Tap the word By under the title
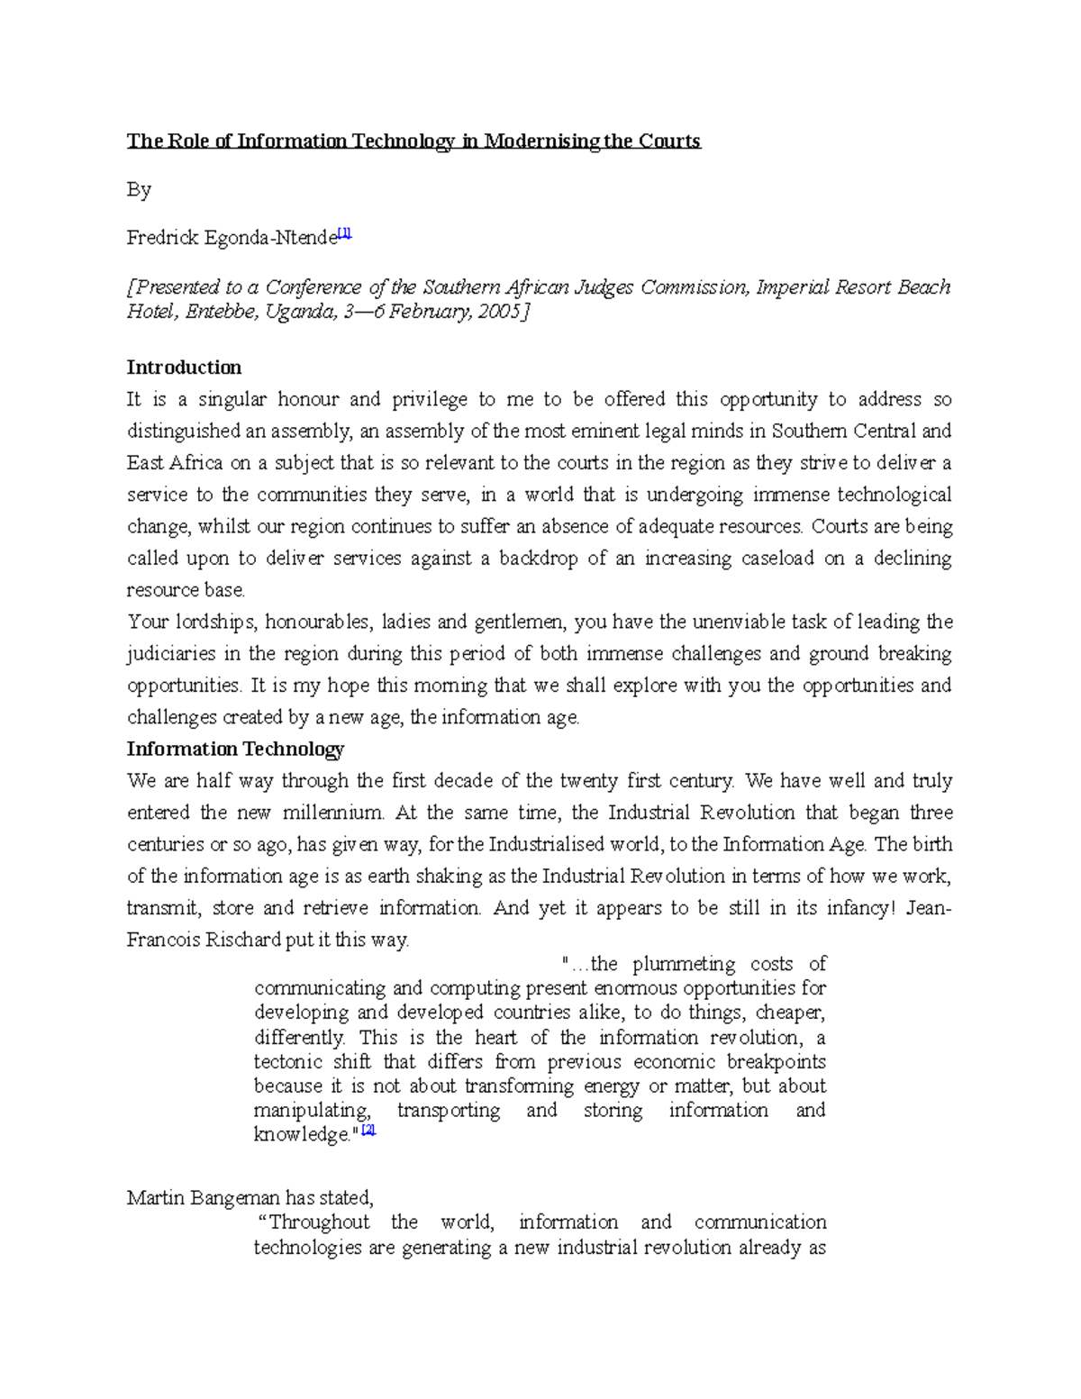click(139, 190)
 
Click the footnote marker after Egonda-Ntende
click(345, 234)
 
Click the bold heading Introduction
click(184, 368)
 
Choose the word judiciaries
click(172, 654)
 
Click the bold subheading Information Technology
click(235, 749)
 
